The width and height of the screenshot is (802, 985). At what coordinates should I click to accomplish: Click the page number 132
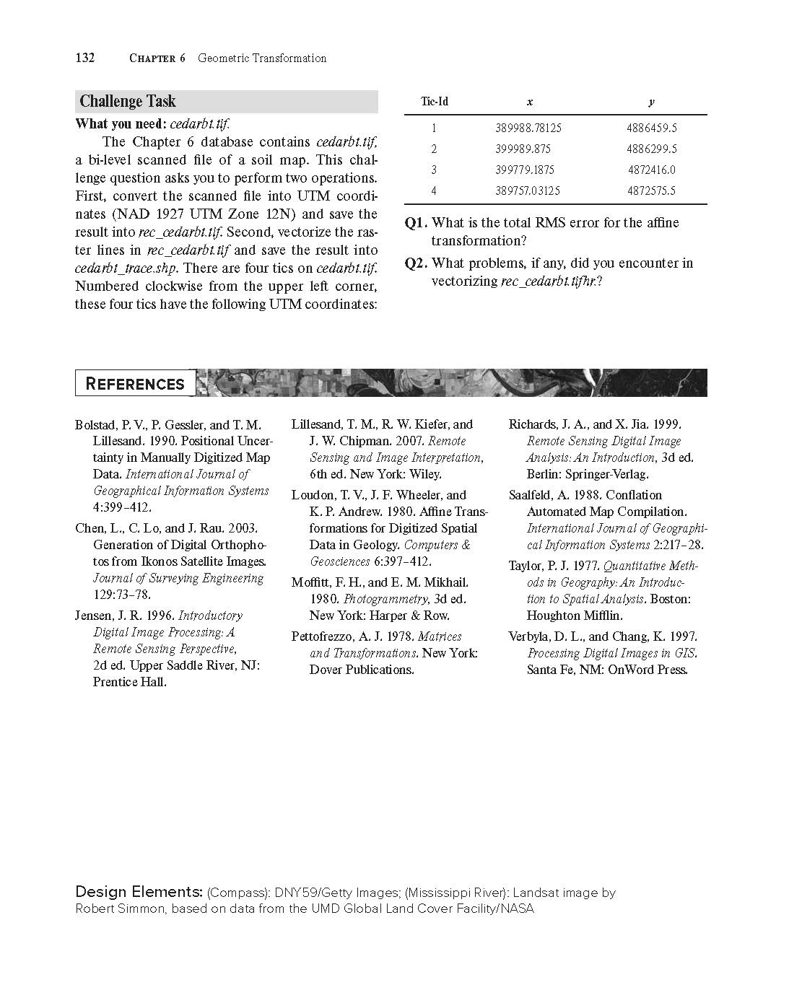[85, 58]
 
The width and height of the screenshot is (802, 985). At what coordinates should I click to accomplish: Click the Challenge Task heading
[128, 102]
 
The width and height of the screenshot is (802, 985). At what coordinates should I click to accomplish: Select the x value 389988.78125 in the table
[528, 128]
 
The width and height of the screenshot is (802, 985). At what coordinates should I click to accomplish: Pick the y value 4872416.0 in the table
[651, 170]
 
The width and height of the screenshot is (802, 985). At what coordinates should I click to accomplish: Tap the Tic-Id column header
[434, 102]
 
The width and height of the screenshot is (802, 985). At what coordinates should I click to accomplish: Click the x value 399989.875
[523, 149]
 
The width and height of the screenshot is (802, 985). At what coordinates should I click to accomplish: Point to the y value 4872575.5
[651, 191]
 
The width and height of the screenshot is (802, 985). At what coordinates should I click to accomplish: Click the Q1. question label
[416, 223]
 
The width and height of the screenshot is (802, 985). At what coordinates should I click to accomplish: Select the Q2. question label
[416, 263]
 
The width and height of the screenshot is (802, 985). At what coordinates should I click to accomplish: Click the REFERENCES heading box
[135, 384]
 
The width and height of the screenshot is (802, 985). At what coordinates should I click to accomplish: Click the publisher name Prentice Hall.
[129, 682]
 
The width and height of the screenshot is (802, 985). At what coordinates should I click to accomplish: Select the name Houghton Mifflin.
[575, 616]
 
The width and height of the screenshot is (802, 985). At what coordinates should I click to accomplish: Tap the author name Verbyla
[531, 636]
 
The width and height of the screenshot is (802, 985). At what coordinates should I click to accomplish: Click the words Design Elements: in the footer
[139, 893]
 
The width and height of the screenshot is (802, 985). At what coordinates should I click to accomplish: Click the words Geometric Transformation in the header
[262, 58]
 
